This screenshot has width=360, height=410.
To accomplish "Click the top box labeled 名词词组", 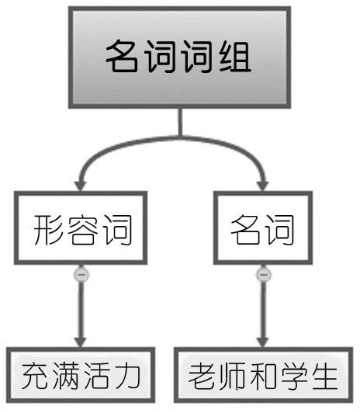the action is (x=179, y=57).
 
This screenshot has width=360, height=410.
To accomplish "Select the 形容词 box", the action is (x=81, y=228).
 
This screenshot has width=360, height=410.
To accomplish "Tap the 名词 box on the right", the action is (x=263, y=228).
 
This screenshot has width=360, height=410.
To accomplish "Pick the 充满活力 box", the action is (x=81, y=375).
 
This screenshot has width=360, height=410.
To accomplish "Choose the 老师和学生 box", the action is (x=263, y=375).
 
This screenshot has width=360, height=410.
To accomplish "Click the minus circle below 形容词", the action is (x=81, y=275).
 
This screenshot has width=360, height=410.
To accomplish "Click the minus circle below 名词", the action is (x=264, y=275).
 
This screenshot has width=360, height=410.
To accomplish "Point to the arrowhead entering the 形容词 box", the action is (x=81, y=186).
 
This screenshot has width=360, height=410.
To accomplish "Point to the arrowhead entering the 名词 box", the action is (x=262, y=186).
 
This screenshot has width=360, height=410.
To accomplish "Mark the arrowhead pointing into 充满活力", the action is (x=81, y=342).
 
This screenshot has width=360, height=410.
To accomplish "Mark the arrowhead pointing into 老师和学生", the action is (x=263, y=342).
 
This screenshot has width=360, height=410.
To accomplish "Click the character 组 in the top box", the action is (x=235, y=57).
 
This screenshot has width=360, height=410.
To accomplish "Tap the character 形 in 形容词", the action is (x=48, y=230).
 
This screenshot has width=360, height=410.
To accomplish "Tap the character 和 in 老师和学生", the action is (x=263, y=376).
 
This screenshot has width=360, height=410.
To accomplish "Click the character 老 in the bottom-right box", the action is (x=202, y=376).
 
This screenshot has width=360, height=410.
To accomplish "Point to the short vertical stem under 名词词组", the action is (x=180, y=122).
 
